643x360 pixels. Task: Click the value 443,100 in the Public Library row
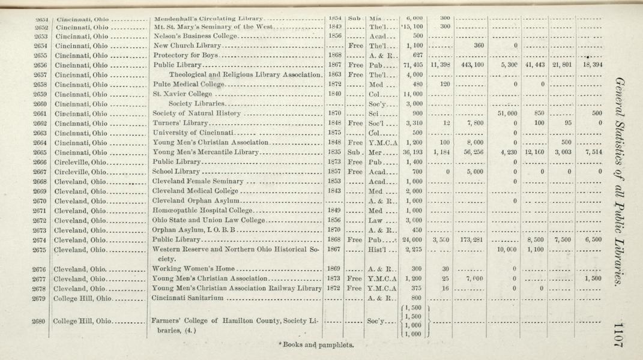[x=471, y=65]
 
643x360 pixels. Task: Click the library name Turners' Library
[x=178, y=122]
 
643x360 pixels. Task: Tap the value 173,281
[x=471, y=240]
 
